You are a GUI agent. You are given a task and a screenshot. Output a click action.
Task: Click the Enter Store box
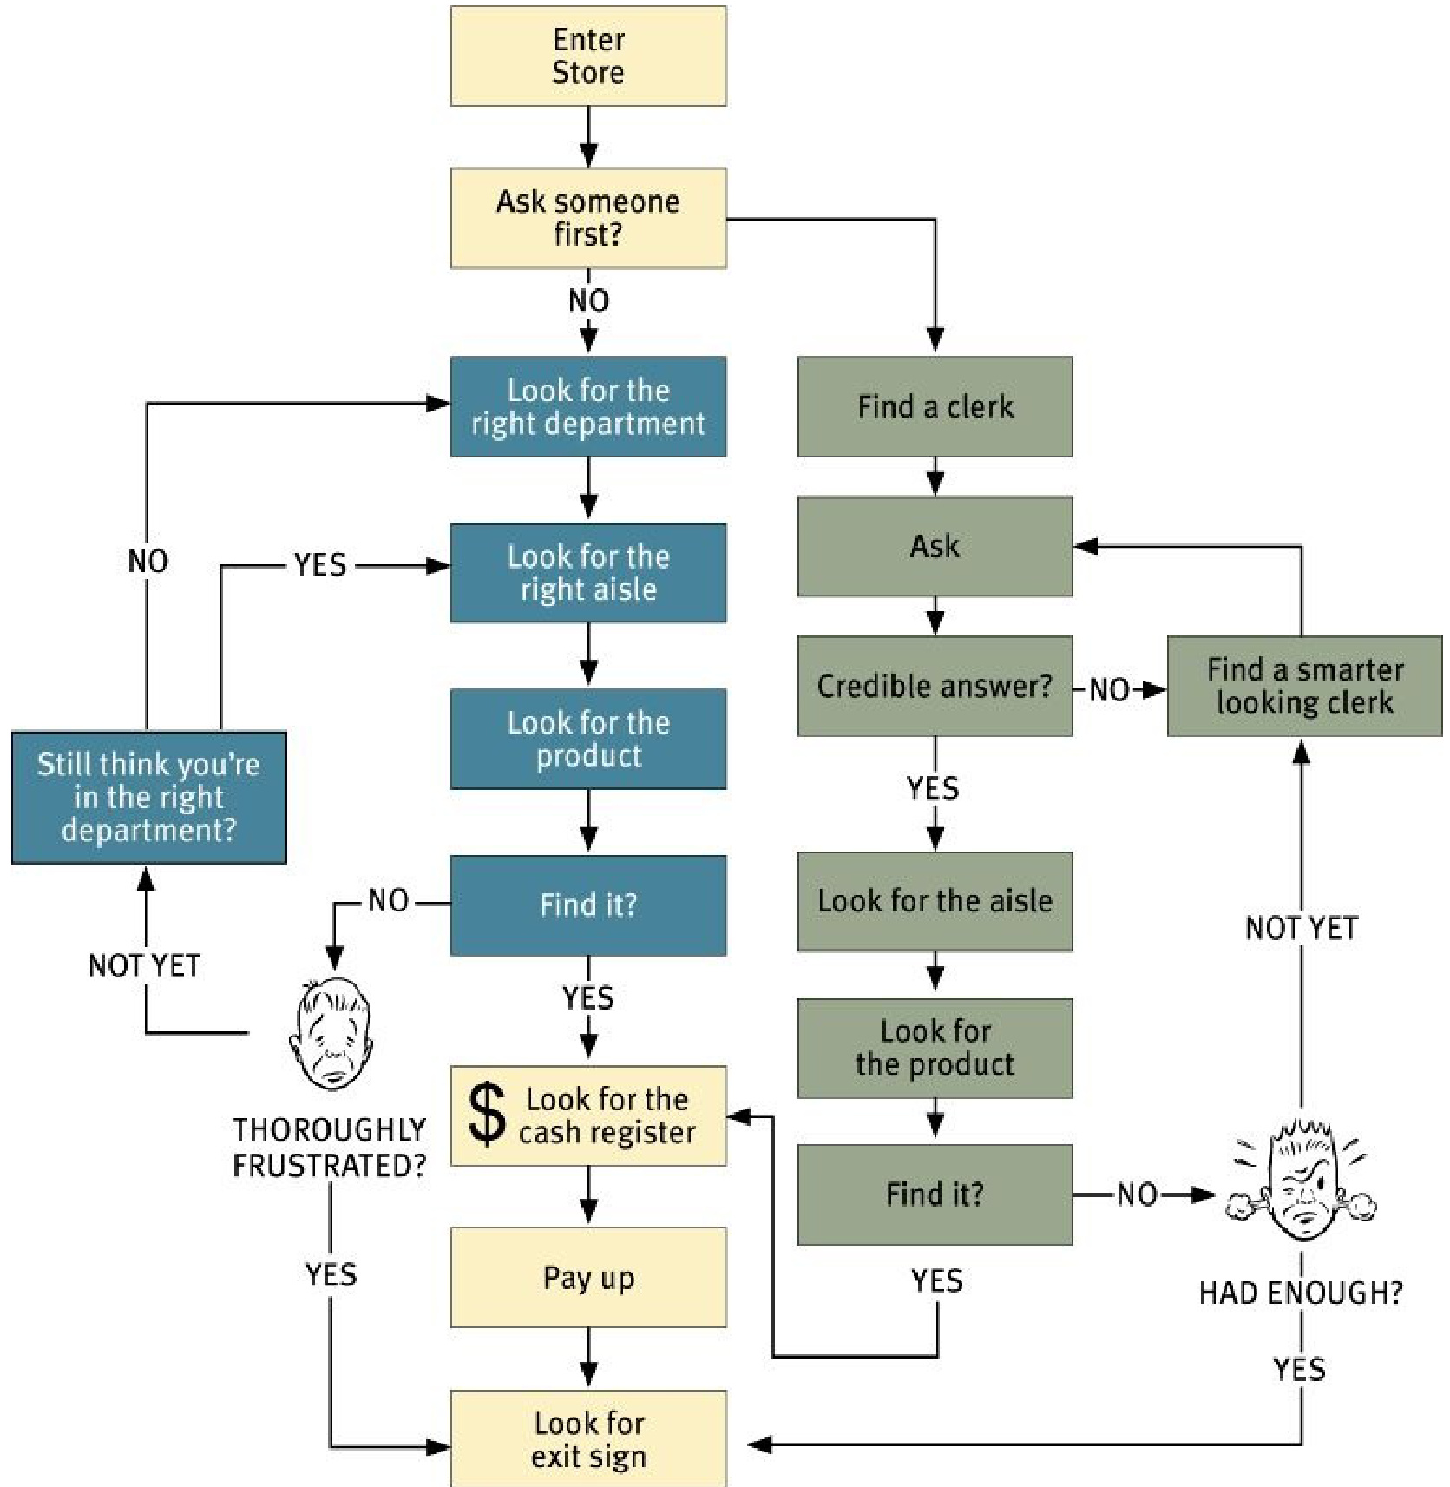pyautogui.click(x=588, y=56)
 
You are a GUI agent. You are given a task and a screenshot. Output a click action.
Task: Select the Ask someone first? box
pyautogui.click(x=588, y=218)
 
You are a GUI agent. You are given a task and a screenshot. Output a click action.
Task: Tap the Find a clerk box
pyautogui.click(x=935, y=406)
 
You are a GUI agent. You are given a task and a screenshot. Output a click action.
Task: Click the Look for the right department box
pyautogui.click(x=588, y=406)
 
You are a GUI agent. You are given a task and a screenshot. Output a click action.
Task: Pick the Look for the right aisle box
pyautogui.click(x=588, y=573)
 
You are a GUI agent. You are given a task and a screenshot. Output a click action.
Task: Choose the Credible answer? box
pyautogui.click(x=935, y=686)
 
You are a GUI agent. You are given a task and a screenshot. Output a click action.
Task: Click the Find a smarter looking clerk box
pyautogui.click(x=1304, y=686)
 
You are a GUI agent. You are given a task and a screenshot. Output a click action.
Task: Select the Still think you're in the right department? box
pyautogui.click(x=149, y=797)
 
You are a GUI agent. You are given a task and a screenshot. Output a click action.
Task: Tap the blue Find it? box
pyautogui.click(x=588, y=905)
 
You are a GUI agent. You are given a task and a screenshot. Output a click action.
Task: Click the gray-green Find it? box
pyautogui.click(x=935, y=1194)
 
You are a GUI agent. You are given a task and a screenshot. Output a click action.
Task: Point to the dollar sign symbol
pyautogui.click(x=487, y=1115)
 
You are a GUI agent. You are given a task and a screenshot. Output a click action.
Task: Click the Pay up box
pyautogui.click(x=588, y=1277)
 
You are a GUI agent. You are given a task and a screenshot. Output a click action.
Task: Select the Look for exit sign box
pyautogui.click(x=588, y=1438)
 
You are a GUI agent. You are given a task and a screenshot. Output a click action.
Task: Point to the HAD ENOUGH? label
pyautogui.click(x=1301, y=1293)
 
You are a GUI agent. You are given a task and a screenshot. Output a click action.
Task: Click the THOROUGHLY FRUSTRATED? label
pyautogui.click(x=330, y=1147)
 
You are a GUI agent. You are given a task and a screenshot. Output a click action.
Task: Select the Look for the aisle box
pyautogui.click(x=935, y=901)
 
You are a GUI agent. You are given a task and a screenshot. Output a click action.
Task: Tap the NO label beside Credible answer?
pyautogui.click(x=1110, y=689)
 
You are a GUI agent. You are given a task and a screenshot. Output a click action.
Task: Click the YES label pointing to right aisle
pyautogui.click(x=320, y=565)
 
